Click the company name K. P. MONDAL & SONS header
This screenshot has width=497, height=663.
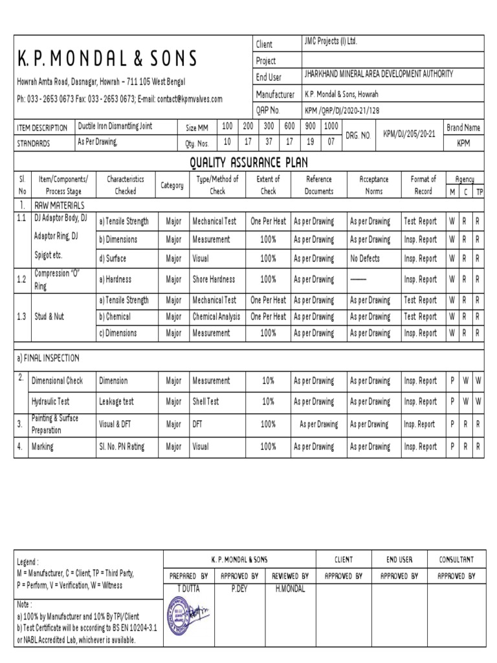coord(107,60)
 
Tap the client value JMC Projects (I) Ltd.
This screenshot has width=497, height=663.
coord(330,41)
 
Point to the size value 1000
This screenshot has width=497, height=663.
coord(331,126)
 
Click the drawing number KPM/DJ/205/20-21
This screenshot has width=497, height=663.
coord(410,135)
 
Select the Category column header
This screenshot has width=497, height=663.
coord(172,185)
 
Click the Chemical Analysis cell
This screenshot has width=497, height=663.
coord(216,317)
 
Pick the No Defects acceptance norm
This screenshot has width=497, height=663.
coord(364,258)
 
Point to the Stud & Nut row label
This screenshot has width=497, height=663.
coord(49,317)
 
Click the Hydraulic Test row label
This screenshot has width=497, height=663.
coord(52,401)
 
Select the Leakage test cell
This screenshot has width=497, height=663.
coord(116,401)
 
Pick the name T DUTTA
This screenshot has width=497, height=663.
coord(188,589)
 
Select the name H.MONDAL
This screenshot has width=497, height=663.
coord(290,589)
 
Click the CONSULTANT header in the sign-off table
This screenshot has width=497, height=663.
coord(456,559)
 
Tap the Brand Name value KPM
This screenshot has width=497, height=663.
coord(463,143)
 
